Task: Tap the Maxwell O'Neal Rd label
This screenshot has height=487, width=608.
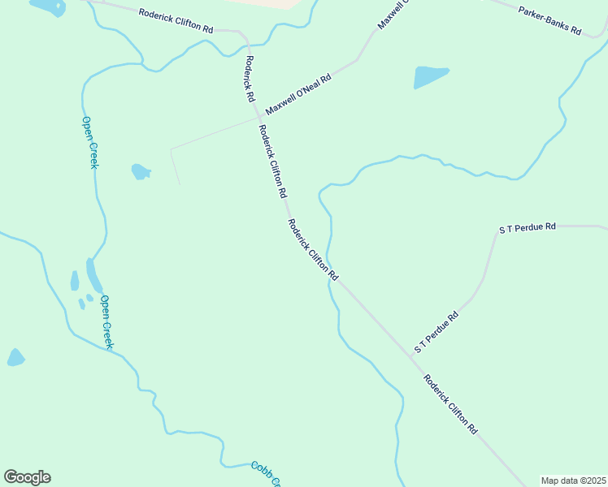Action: (x=299, y=96)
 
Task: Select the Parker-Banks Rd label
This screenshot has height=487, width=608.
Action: (x=550, y=20)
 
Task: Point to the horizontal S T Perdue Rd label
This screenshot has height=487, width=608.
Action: (x=527, y=227)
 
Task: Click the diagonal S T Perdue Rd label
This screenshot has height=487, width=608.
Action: (x=436, y=331)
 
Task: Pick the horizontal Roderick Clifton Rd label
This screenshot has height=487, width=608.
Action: (x=176, y=20)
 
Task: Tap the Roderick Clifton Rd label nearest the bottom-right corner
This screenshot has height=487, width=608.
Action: (x=449, y=404)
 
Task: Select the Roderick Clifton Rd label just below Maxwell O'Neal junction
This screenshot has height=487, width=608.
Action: (x=272, y=162)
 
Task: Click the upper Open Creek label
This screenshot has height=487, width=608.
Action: (x=89, y=143)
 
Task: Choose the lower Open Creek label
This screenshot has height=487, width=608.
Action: (x=106, y=322)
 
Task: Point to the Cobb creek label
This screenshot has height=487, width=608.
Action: (x=265, y=474)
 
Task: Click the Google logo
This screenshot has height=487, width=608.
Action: (x=27, y=477)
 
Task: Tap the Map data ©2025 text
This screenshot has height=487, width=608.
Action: (x=573, y=481)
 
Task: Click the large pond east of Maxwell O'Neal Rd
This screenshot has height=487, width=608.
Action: (x=431, y=76)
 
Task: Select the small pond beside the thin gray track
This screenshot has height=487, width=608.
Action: (x=141, y=171)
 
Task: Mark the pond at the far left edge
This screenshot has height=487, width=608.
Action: (x=15, y=357)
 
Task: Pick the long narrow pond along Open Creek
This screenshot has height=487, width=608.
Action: (x=94, y=276)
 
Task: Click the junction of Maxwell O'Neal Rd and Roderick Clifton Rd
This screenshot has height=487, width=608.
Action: (x=258, y=119)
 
